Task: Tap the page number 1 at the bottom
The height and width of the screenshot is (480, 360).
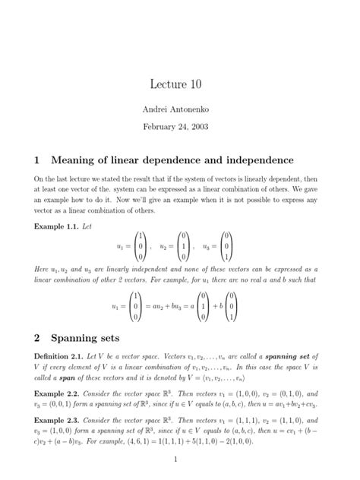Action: [175, 459]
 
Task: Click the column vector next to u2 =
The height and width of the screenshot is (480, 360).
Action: [184, 247]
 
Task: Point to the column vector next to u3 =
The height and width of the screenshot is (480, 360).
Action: [228, 247]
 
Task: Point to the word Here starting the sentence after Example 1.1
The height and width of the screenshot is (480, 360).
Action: [42, 270]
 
